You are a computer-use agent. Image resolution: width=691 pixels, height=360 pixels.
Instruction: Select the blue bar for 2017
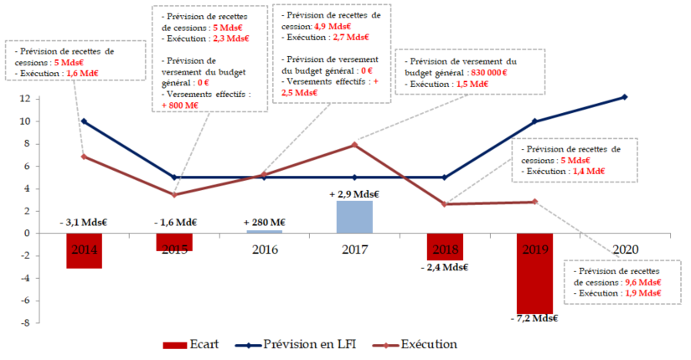(354, 217)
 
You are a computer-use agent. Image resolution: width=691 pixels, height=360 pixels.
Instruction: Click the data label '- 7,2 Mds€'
(534, 318)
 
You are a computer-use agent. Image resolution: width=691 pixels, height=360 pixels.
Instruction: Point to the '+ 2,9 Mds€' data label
(354, 193)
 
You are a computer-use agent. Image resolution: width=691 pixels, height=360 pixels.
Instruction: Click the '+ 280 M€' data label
(264, 222)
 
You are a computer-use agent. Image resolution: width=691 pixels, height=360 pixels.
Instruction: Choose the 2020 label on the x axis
(626, 249)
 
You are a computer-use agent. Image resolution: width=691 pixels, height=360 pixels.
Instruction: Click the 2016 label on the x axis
(264, 249)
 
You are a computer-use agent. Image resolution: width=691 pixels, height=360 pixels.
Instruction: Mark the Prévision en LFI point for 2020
(625, 97)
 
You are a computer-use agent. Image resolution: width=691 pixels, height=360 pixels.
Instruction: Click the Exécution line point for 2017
(354, 145)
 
